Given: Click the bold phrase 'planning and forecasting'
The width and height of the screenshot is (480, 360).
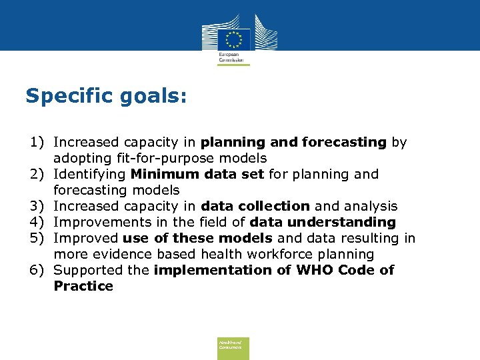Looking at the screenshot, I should point(293,143).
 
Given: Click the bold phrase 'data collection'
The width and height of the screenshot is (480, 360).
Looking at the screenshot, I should point(255,207).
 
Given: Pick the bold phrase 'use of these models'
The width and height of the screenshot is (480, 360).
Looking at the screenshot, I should point(197,239).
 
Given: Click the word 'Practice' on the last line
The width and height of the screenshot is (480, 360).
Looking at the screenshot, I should point(83,287).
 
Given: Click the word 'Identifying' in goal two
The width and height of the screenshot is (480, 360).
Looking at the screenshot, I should point(90,175).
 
